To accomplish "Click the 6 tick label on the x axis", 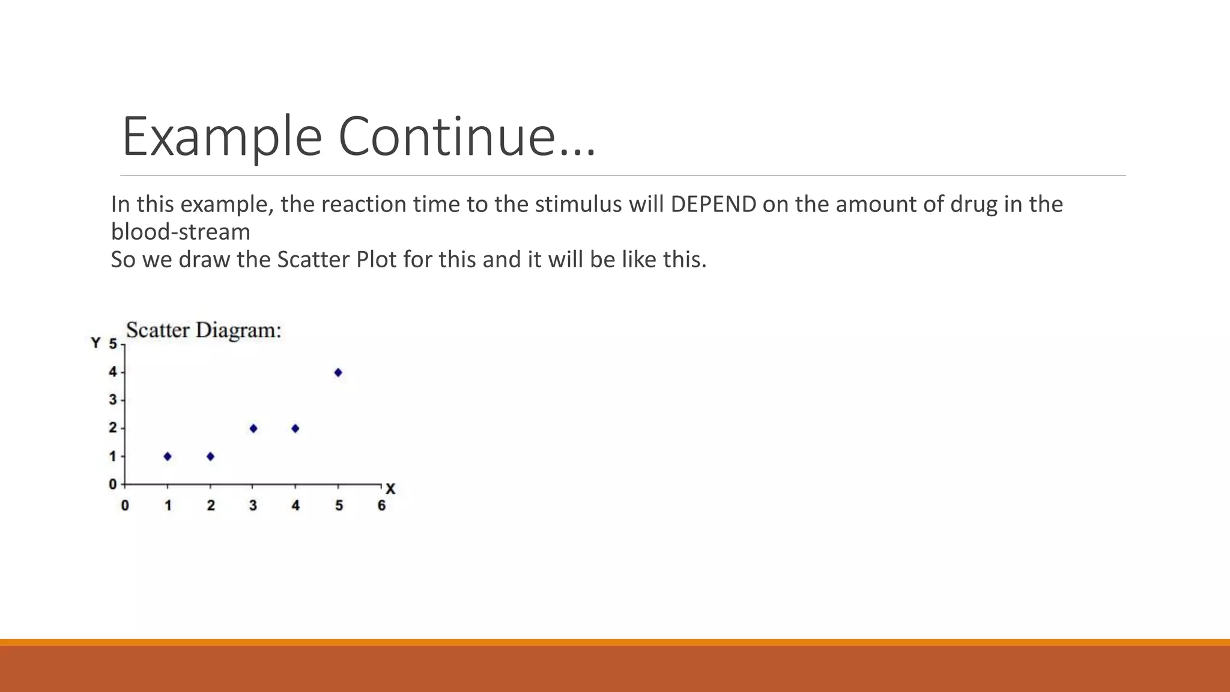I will pyautogui.click(x=381, y=506).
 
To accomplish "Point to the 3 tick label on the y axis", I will pyautogui.click(x=113, y=400).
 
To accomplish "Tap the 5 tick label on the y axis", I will pyautogui.click(x=113, y=344).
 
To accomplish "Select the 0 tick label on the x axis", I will pyautogui.click(x=125, y=506).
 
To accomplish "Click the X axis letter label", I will pyautogui.click(x=390, y=489).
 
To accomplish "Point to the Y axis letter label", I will pyautogui.click(x=95, y=343).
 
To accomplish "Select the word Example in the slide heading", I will pyautogui.click(x=222, y=137).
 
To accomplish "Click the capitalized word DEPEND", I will pyautogui.click(x=713, y=205).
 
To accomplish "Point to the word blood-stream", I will pyautogui.click(x=181, y=232).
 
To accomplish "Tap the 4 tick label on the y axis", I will pyautogui.click(x=113, y=372).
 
